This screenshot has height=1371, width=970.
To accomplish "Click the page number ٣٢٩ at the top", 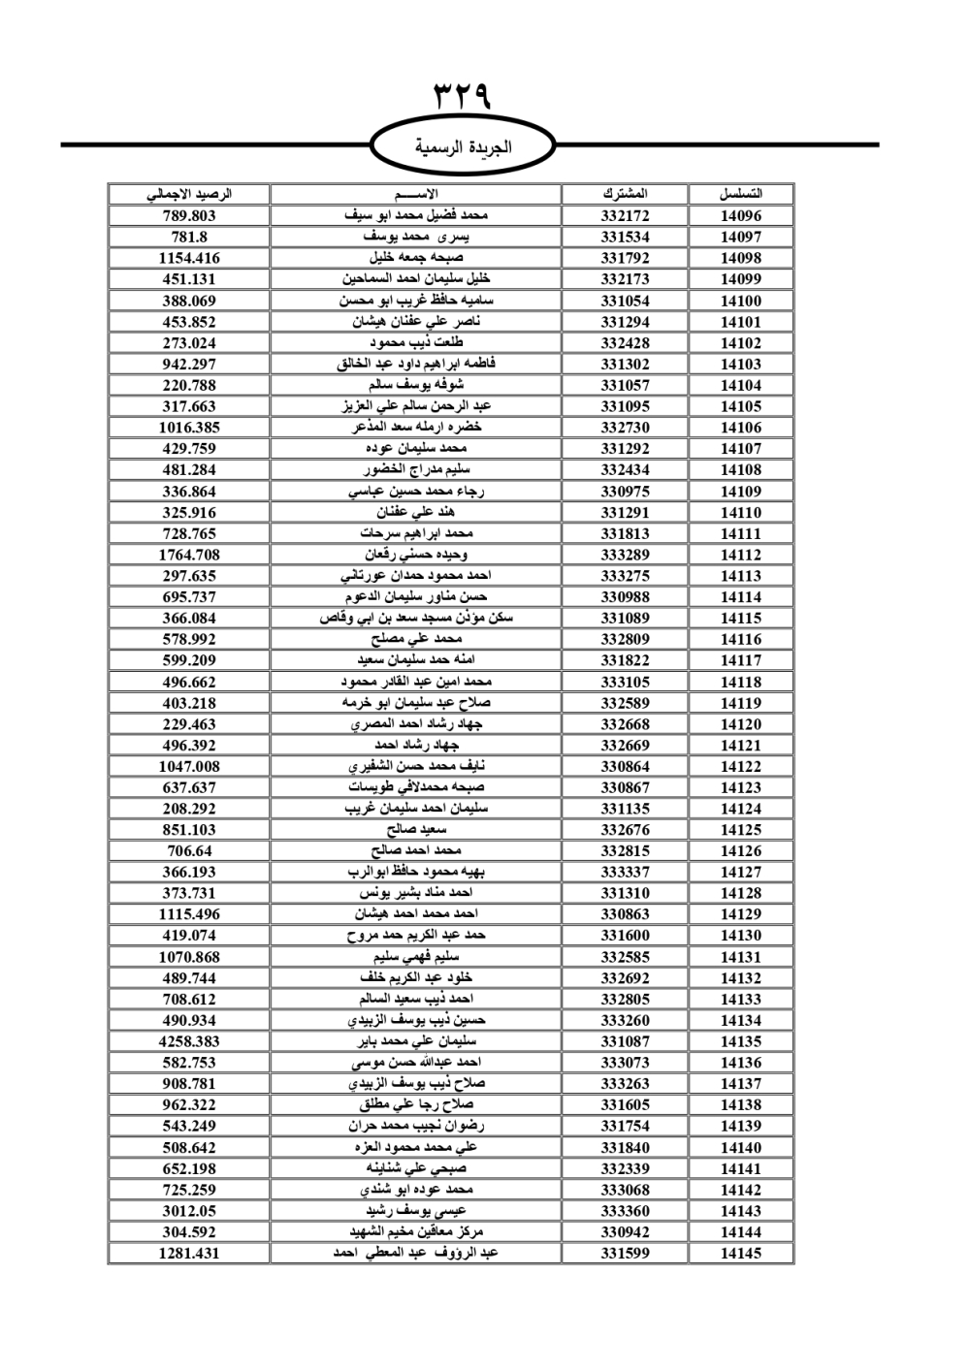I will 463,97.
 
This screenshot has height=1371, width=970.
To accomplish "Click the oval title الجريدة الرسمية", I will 464,147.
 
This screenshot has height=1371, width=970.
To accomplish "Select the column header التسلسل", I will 741,194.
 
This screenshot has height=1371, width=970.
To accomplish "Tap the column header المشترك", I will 625,194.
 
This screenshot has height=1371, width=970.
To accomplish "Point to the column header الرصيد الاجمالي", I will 189,194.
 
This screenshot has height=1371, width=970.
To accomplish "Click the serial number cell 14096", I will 741,216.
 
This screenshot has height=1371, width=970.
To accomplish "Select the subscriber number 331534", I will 625,238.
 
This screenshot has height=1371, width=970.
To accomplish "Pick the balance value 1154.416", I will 189,259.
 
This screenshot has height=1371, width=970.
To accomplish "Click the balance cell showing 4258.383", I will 189,1041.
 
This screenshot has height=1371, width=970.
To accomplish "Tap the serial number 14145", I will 741,1253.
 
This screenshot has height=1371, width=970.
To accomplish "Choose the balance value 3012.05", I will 189,1211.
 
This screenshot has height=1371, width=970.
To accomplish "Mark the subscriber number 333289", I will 625,555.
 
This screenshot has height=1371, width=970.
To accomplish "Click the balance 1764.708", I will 189,555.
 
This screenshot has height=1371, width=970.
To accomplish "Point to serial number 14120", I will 741,724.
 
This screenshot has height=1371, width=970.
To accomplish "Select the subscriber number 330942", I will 625,1232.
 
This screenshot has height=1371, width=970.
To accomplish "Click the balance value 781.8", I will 189,238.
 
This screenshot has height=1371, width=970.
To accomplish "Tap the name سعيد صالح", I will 416,830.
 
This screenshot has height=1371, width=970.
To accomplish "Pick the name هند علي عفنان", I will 416,512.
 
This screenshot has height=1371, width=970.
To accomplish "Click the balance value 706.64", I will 189,851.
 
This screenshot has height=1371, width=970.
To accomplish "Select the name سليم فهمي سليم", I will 416,957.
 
